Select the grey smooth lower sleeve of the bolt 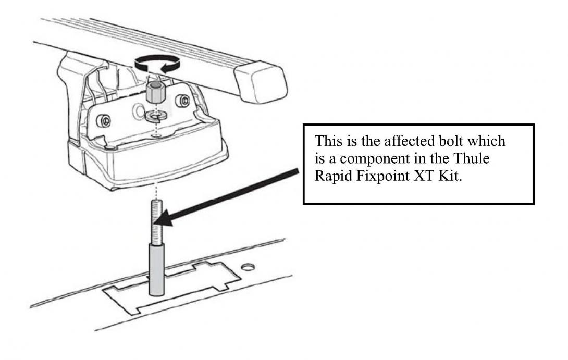point(156,270)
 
